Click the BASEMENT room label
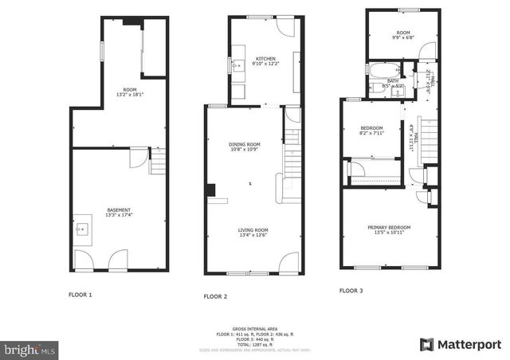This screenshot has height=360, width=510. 119,210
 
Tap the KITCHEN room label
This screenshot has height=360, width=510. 265,59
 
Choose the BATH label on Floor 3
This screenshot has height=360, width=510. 393,80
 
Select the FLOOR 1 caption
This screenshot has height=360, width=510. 80,295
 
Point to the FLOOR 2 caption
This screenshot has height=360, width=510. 215,296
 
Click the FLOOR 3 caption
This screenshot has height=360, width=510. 351,292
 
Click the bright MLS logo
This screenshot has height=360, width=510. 29,349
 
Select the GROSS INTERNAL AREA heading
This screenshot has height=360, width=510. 255,328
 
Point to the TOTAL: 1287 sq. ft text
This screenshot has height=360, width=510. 255,342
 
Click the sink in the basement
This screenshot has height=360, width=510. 81,229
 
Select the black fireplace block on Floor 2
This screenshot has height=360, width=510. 211,190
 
